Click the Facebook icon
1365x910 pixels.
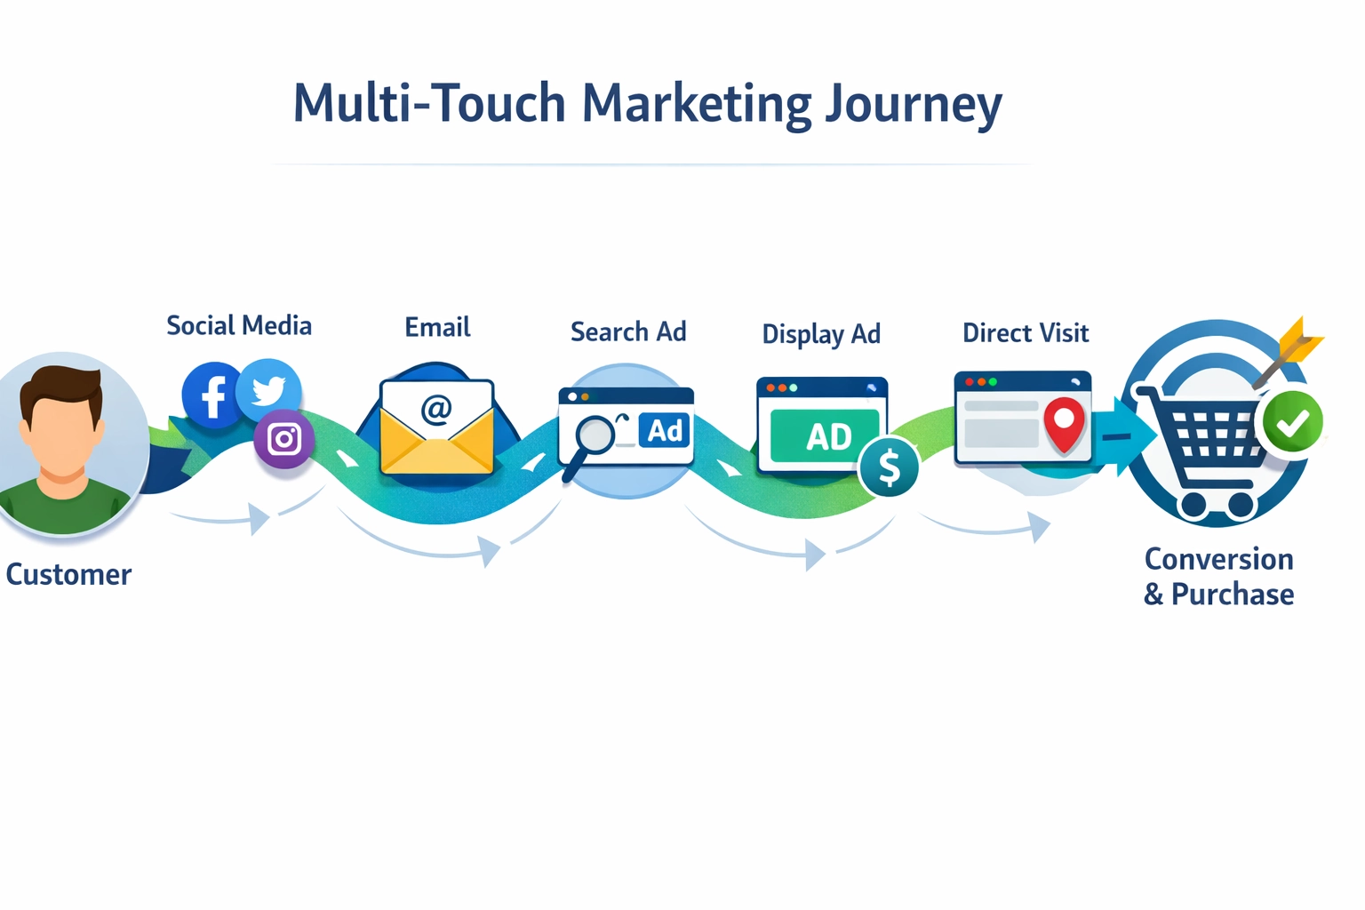(x=212, y=395)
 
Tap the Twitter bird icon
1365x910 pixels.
(x=269, y=389)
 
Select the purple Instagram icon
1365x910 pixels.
(x=284, y=439)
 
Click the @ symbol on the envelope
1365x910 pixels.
(x=436, y=409)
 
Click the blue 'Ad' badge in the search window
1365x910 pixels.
(x=665, y=431)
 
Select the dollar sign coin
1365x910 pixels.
(x=889, y=467)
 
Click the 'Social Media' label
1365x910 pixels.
(x=239, y=326)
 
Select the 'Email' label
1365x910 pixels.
(x=437, y=327)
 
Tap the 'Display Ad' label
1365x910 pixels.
(x=821, y=334)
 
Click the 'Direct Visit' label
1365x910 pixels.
(x=1026, y=333)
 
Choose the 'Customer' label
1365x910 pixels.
(x=68, y=575)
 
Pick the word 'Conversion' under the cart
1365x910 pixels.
(x=1218, y=559)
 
